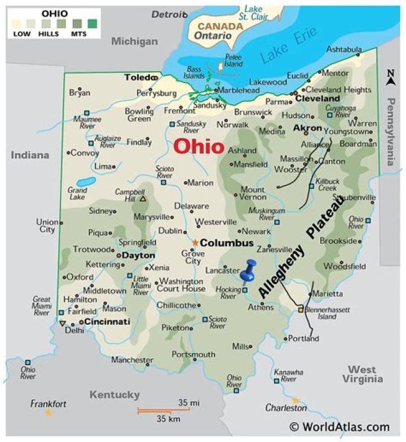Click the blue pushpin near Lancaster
[249, 270]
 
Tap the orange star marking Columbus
[195, 243]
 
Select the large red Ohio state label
[198, 146]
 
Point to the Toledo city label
[138, 77]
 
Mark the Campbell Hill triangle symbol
[143, 199]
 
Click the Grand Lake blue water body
[86, 182]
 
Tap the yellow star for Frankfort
[48, 413]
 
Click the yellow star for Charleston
[295, 400]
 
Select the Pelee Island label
[233, 60]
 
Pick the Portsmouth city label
[193, 355]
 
